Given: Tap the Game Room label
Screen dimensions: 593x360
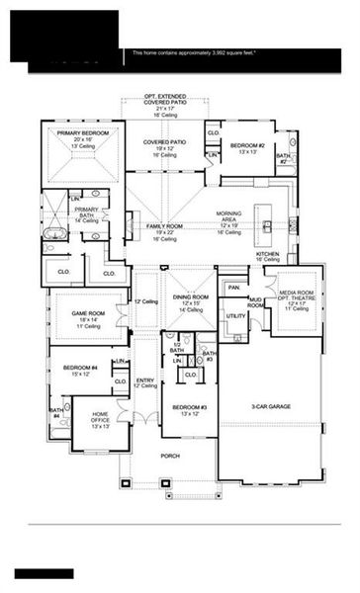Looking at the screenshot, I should click(x=87, y=314).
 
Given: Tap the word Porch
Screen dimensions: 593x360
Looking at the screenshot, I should click(x=171, y=457).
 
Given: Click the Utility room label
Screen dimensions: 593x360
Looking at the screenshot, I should click(x=235, y=316).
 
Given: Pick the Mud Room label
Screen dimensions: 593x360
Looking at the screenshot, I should click(x=256, y=302).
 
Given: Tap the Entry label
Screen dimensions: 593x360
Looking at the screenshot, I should click(x=145, y=381).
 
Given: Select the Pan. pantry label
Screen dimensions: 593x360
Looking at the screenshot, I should click(x=232, y=288).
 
